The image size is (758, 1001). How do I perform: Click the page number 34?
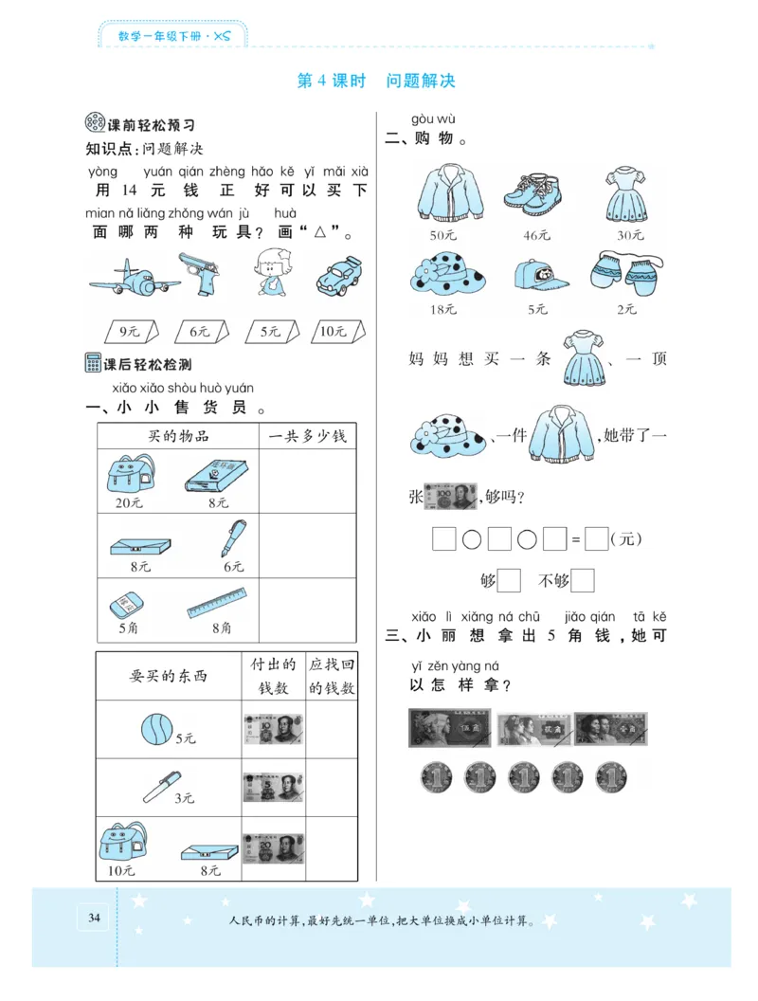93,918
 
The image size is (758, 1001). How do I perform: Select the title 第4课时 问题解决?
376,81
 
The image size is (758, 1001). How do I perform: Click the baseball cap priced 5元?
536,274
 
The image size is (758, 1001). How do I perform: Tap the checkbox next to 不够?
583,580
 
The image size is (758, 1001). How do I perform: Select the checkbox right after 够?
509,580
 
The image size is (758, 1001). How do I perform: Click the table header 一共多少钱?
307,436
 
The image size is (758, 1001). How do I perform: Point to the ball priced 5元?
153,729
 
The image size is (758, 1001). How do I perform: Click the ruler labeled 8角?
217,601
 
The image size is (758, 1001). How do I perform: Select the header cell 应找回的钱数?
331,676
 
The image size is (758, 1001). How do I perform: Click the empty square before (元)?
596,539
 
